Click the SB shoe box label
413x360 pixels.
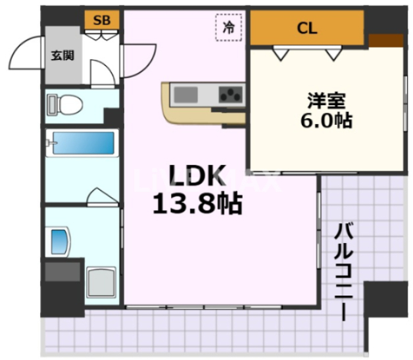[102, 20]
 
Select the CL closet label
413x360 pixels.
[306, 28]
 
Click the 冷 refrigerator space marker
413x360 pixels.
[229, 28]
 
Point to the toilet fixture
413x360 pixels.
[66, 104]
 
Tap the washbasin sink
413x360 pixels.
[60, 241]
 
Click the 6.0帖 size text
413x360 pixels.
[327, 122]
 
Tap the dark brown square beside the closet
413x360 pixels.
[385, 40]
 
